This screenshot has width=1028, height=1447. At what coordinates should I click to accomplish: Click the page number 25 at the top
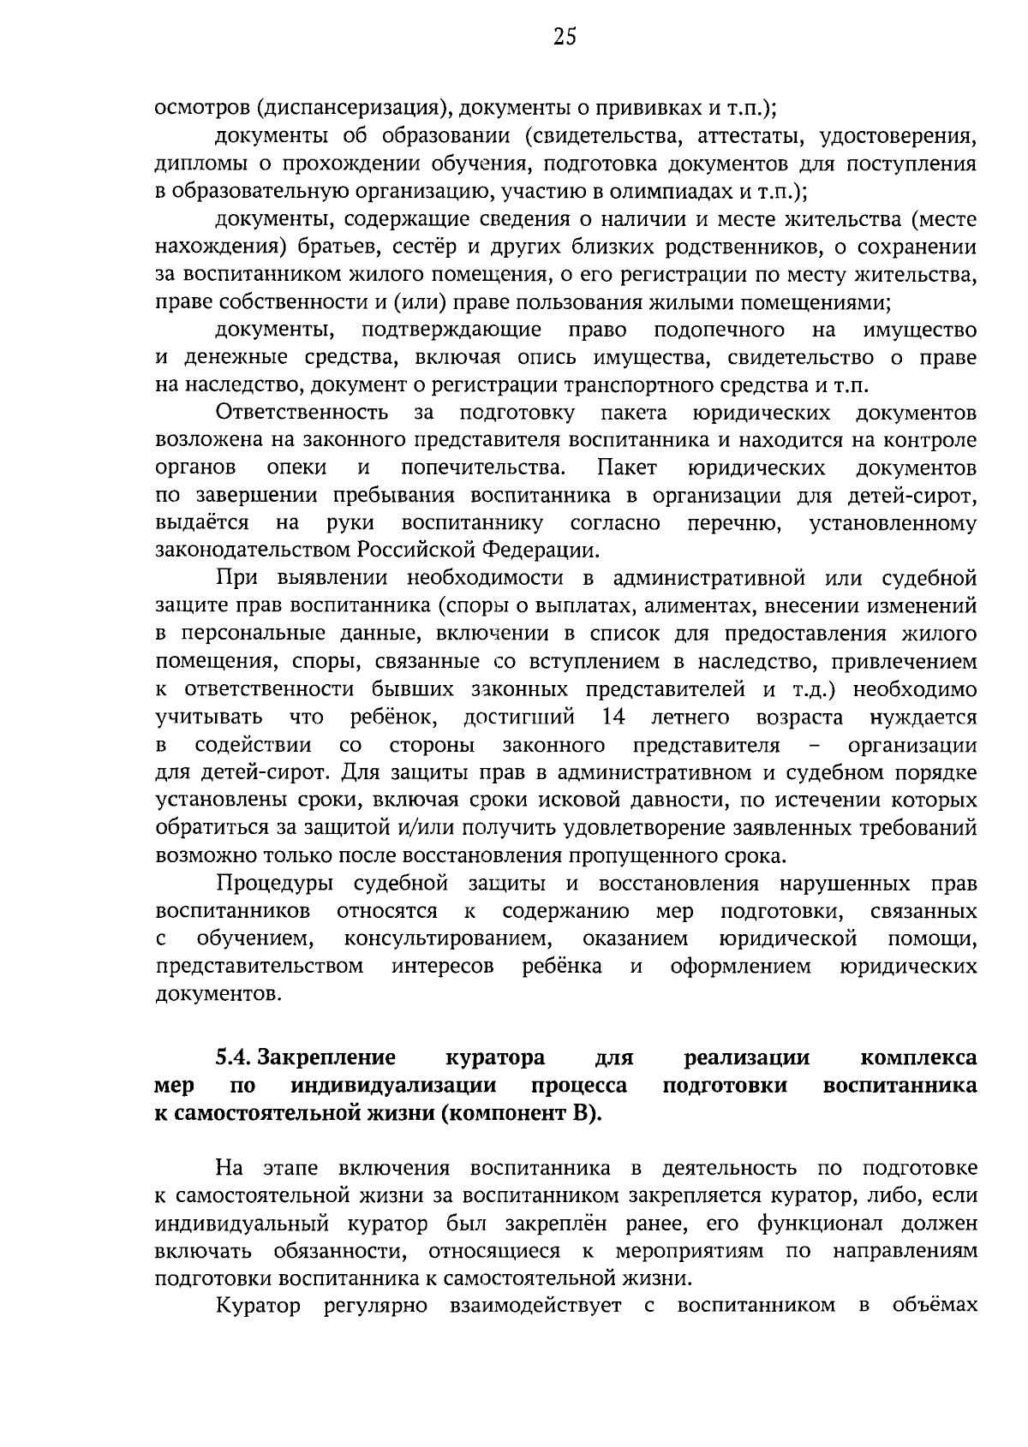click(565, 36)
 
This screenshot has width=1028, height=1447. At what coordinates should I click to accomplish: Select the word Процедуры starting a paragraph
click(272, 884)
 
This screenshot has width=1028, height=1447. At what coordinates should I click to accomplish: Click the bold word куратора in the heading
click(495, 1058)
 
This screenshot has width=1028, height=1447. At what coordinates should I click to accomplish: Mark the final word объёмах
click(934, 1307)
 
